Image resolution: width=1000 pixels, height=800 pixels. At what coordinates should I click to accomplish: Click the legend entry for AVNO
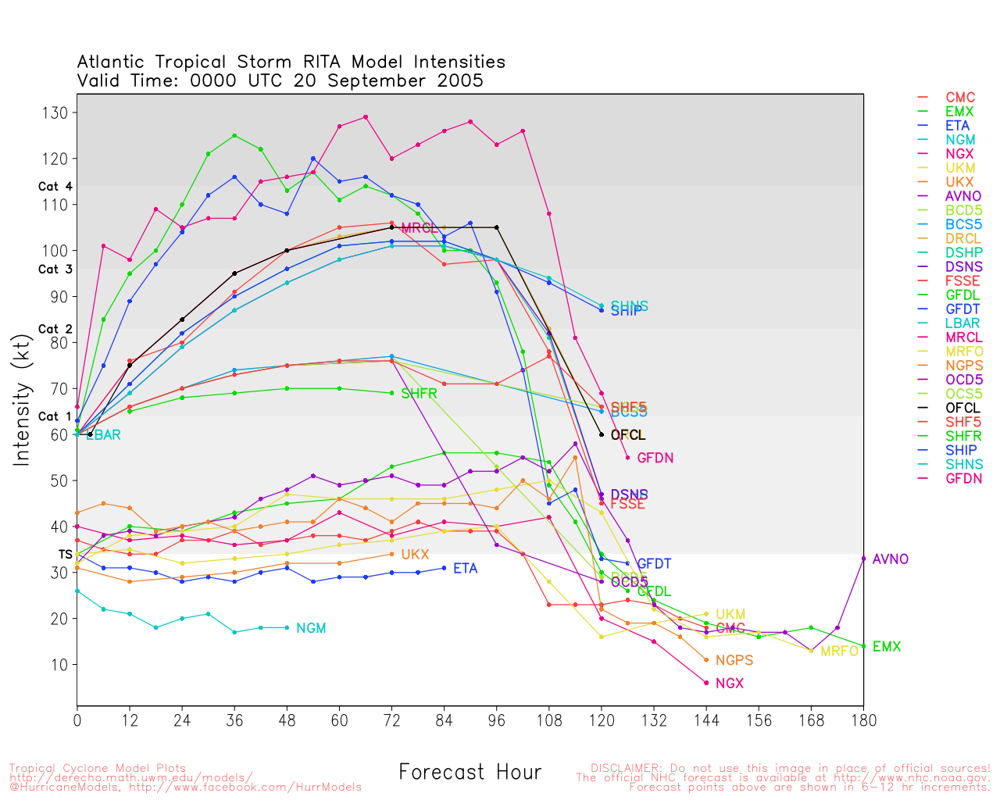click(x=963, y=196)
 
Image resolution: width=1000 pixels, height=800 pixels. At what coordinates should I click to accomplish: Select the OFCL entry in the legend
click(x=962, y=408)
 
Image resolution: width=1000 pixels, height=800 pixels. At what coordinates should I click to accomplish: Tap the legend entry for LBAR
click(x=962, y=323)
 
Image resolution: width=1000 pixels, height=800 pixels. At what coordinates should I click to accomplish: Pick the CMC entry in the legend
click(x=960, y=98)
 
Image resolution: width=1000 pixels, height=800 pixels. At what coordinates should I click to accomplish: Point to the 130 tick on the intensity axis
click(x=55, y=112)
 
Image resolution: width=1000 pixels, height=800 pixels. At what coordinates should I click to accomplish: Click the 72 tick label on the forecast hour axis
click(x=391, y=720)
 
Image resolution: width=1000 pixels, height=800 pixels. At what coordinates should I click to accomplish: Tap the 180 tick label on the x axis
click(x=863, y=720)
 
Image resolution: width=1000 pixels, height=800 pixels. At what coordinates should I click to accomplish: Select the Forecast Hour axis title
click(x=470, y=773)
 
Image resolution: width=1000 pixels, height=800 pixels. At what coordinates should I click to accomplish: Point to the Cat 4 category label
click(x=55, y=187)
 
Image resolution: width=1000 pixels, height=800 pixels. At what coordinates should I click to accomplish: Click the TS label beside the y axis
click(x=65, y=554)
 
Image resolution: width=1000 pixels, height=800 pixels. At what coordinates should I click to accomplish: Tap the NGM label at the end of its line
click(x=311, y=628)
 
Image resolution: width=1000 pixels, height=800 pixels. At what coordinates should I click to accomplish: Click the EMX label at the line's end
click(x=887, y=647)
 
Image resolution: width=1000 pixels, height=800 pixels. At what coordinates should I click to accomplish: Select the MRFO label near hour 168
click(x=839, y=651)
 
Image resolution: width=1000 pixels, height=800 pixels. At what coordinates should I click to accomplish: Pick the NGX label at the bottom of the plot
click(x=729, y=684)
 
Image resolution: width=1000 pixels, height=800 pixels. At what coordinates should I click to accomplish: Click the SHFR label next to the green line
click(x=419, y=393)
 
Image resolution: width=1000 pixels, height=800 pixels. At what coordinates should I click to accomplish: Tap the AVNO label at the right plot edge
click(x=891, y=559)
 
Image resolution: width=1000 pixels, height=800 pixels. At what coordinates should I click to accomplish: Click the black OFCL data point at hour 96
click(x=497, y=227)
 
